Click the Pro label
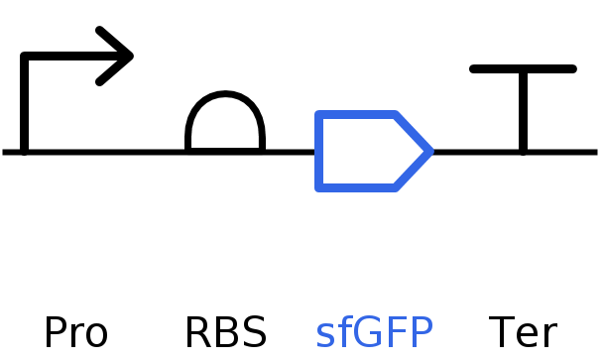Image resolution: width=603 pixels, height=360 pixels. [75, 333]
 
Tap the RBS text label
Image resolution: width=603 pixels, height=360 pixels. [225, 333]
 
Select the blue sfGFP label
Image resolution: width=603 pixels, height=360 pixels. [374, 333]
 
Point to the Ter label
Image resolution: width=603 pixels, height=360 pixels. [523, 333]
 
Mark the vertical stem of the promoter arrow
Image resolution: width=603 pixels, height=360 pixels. [24, 109]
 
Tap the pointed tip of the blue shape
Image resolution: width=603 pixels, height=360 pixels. [429, 152]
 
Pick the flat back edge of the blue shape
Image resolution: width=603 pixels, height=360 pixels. [318, 152]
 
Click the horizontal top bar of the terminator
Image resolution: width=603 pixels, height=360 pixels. [523, 69]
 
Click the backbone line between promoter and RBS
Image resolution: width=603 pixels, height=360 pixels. [104, 152]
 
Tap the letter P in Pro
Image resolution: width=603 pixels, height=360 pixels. [55, 333]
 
